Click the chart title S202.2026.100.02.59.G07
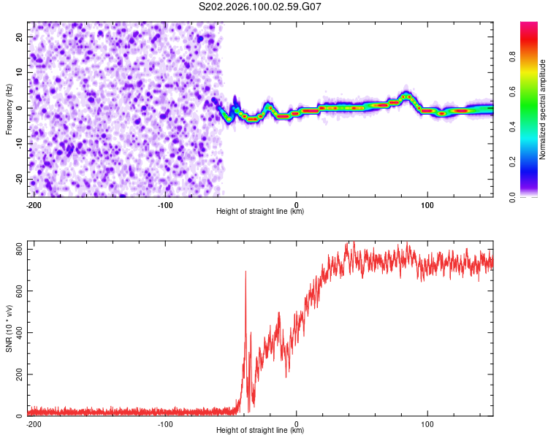tap(261, 7)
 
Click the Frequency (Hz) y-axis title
tap(9, 109)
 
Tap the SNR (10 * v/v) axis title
tap(9, 330)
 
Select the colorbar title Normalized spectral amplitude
tap(542, 109)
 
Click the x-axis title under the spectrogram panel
tap(260, 211)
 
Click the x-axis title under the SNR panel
tap(260, 430)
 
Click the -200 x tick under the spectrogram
tap(33, 204)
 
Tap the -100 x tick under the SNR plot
tap(165, 423)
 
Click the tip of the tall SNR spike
tap(246, 272)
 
